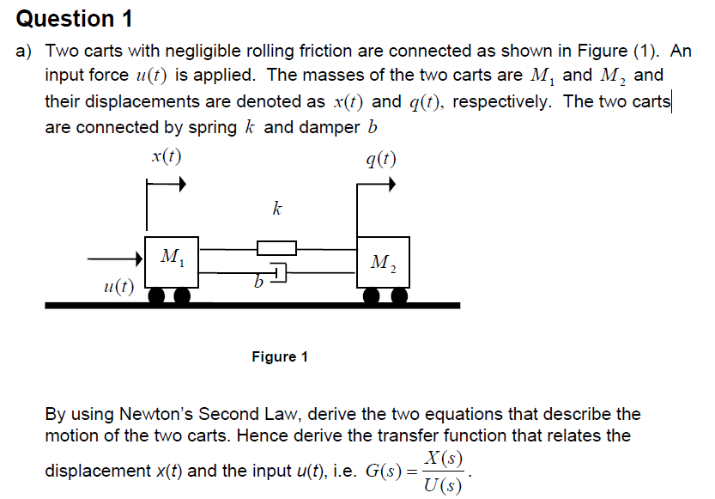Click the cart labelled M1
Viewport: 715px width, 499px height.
(x=173, y=263)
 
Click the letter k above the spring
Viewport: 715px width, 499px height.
(x=276, y=209)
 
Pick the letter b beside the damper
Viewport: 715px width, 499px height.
(x=257, y=281)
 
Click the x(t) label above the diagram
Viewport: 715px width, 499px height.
(x=165, y=157)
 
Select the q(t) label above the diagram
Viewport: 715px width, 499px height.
(x=380, y=159)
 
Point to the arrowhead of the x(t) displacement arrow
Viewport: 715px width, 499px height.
(x=180, y=183)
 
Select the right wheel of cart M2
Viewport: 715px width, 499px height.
(x=398, y=296)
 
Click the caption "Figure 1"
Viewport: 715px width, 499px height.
(x=280, y=356)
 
